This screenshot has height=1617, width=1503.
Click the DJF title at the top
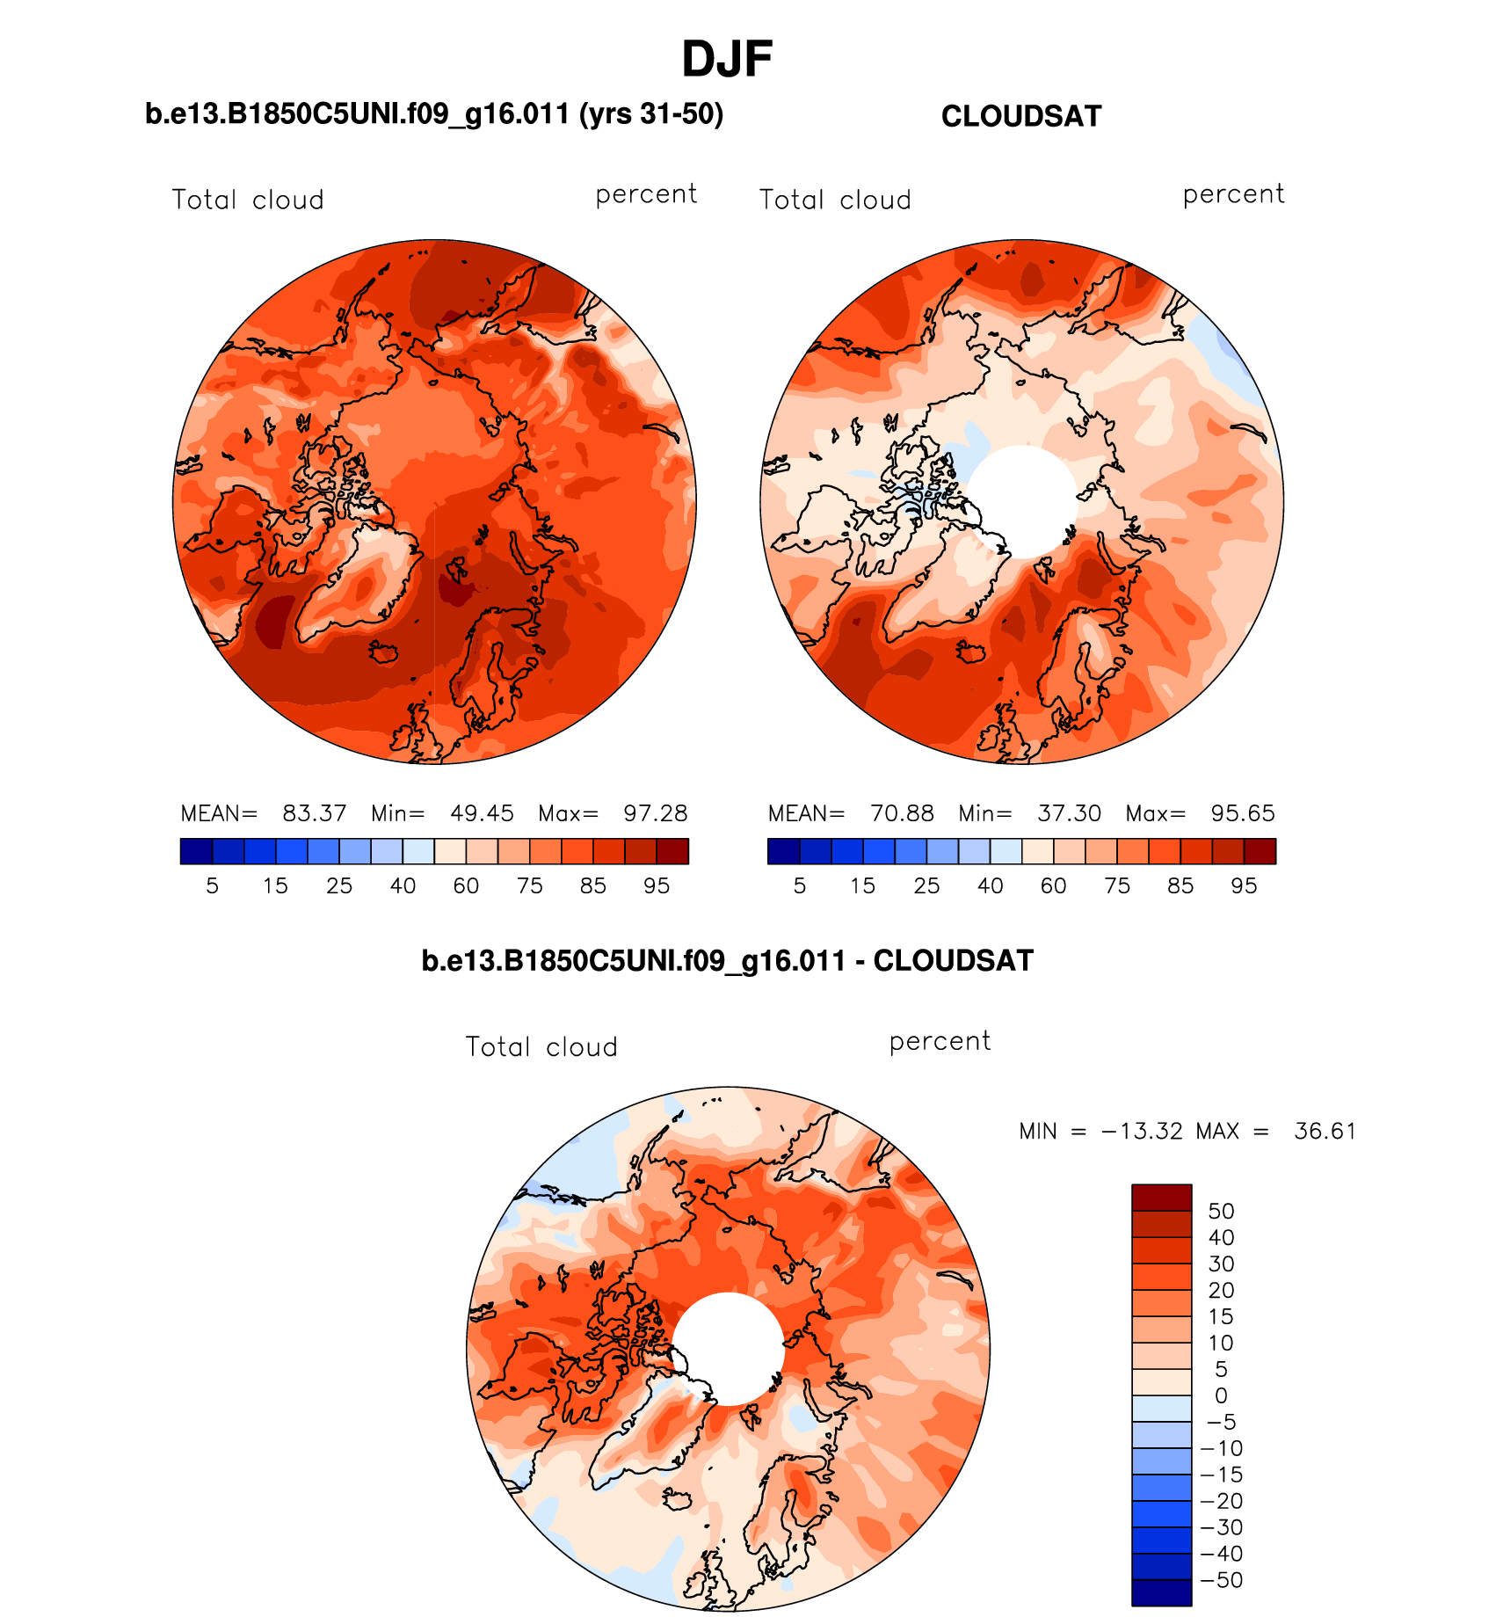click(x=727, y=60)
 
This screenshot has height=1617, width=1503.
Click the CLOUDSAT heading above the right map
click(x=1020, y=117)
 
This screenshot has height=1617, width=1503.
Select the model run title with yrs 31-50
click(x=434, y=114)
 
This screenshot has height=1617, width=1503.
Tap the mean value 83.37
click(x=314, y=813)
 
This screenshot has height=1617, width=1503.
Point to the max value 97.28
click(x=656, y=813)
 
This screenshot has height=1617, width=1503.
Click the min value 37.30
click(x=1069, y=813)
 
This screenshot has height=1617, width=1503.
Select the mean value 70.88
click(x=902, y=813)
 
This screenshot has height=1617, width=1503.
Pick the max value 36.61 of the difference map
click(x=1325, y=1131)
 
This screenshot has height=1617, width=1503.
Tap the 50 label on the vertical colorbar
click(x=1221, y=1211)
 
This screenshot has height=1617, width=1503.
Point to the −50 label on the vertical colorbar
click(x=1221, y=1580)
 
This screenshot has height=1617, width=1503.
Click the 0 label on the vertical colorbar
click(x=1221, y=1395)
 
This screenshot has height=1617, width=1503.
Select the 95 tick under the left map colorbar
click(x=657, y=886)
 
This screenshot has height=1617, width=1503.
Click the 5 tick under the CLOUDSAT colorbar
click(x=800, y=886)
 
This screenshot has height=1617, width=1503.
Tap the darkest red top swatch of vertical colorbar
click(x=1161, y=1198)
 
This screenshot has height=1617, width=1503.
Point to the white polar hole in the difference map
click(x=728, y=1349)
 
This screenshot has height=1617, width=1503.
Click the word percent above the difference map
click(x=940, y=1042)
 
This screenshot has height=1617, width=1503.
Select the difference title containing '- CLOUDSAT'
click(x=727, y=961)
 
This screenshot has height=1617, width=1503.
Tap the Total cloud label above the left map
click(x=248, y=200)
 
